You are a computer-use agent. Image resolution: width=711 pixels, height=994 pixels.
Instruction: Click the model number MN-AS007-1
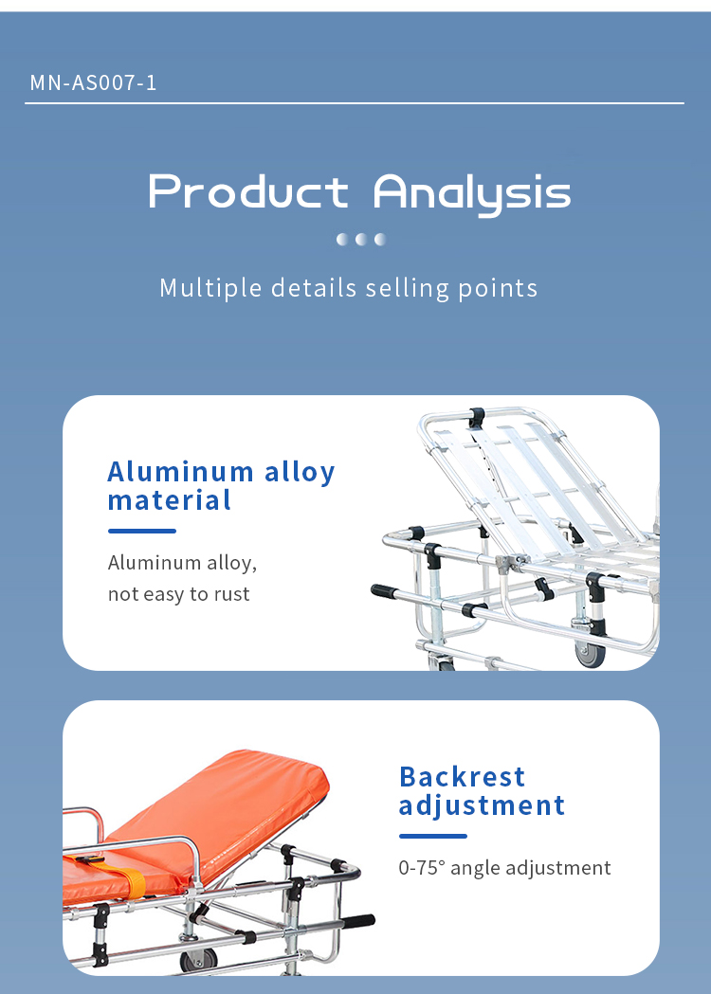pos(93,82)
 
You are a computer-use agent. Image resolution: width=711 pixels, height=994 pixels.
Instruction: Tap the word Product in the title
pos(248,191)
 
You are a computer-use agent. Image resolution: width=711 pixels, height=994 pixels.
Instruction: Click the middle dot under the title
pos(361,239)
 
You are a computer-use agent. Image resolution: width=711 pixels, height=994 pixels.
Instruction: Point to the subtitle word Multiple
pos(210,288)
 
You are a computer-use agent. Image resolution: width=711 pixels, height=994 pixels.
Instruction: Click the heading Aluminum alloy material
pos(221,486)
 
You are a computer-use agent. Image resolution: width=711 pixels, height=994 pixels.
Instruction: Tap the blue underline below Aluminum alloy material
pos(142,532)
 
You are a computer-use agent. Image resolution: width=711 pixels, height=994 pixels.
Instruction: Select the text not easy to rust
pos(178,594)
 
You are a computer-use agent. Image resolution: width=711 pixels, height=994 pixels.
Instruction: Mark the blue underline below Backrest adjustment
pos(433,836)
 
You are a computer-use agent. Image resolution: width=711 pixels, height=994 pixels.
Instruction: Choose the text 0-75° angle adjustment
pos(504,867)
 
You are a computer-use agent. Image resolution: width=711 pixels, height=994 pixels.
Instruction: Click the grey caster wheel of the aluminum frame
pos(590,653)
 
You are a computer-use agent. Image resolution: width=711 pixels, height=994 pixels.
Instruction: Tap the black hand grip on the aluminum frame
pos(384,591)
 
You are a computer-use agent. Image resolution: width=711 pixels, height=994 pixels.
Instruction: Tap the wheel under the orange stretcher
pos(198,960)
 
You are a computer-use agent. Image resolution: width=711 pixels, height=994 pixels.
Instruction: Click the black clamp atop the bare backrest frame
pos(476,417)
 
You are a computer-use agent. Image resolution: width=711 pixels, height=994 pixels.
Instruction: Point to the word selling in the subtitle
pos(408,288)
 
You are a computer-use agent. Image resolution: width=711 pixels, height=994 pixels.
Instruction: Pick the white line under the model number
pos(355,102)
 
